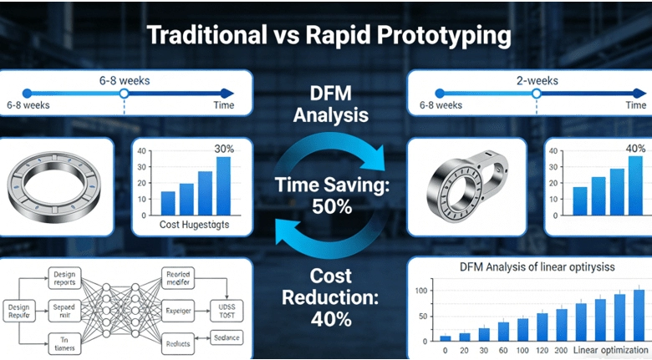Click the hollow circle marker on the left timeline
pos(125,93)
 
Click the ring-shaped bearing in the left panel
pos(55,186)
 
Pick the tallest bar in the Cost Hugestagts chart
pos(223,185)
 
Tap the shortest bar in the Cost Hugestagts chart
pos(168,203)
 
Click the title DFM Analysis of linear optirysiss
pos(527,267)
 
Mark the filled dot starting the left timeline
pos(27,93)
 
